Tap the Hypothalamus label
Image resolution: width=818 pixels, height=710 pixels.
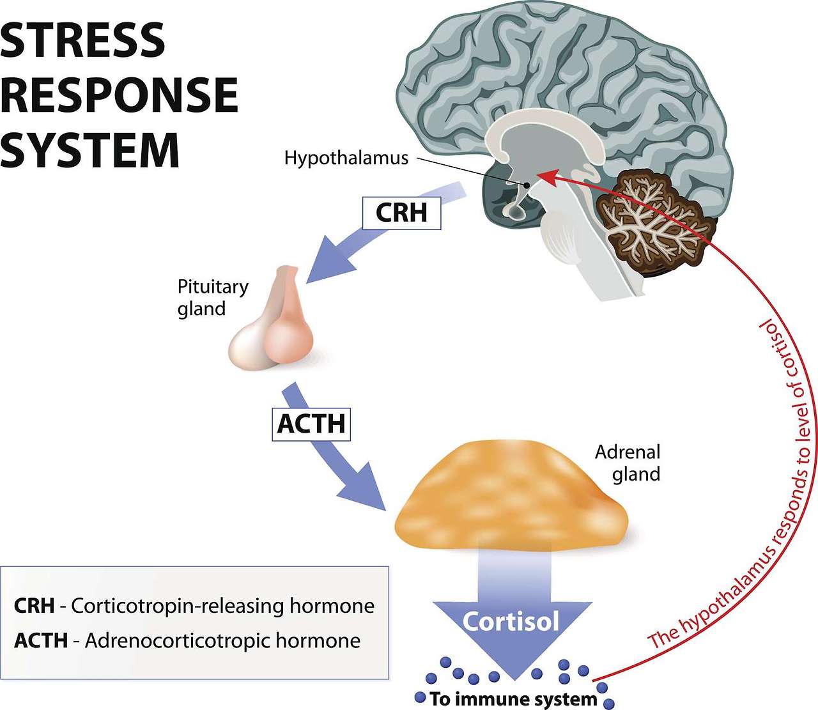pyautogui.click(x=346, y=158)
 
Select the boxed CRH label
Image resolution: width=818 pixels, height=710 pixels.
pyautogui.click(x=401, y=213)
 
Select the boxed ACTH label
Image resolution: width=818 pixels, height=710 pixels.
pyautogui.click(x=311, y=423)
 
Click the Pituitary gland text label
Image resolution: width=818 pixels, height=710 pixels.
pyautogui.click(x=212, y=297)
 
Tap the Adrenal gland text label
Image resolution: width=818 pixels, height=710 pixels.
pyautogui.click(x=628, y=463)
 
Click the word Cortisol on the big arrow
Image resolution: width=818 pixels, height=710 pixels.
pyautogui.click(x=511, y=621)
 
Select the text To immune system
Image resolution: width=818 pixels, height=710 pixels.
pyautogui.click(x=513, y=698)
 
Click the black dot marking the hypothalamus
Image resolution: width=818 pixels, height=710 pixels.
pyautogui.click(x=527, y=185)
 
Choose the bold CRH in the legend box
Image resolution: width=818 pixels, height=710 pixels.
pyautogui.click(x=34, y=606)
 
